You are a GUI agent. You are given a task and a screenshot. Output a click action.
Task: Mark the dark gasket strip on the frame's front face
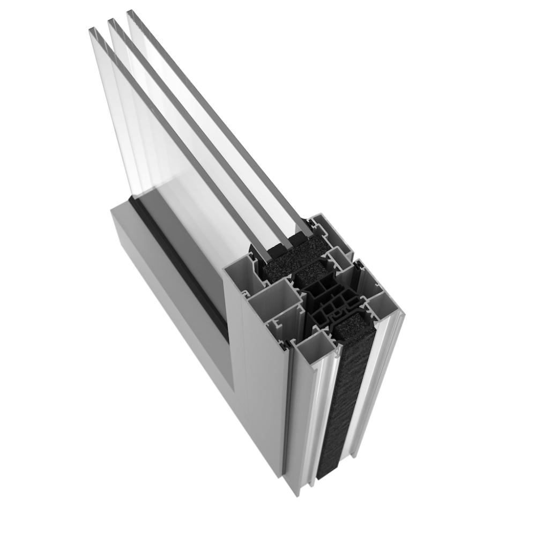click(x=177, y=268)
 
